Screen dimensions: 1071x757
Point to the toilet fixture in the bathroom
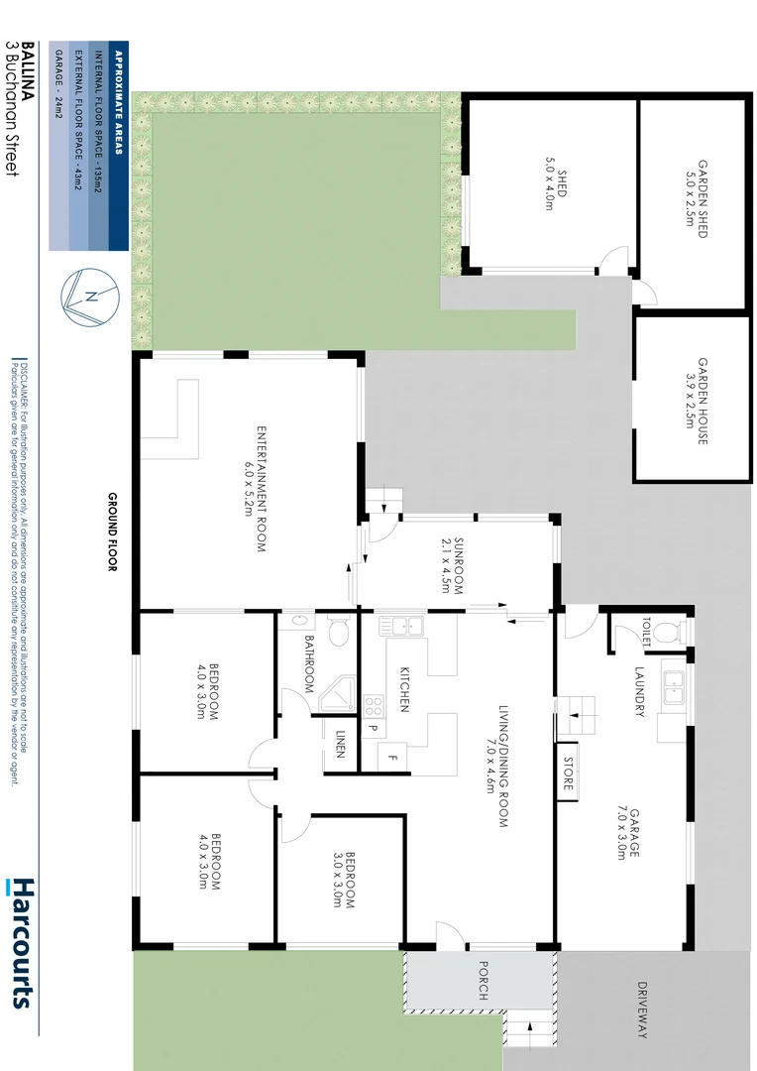point(338,631)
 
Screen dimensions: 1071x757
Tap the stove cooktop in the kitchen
point(375,707)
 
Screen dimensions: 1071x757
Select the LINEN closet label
point(340,744)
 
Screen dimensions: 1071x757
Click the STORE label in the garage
point(568,772)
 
